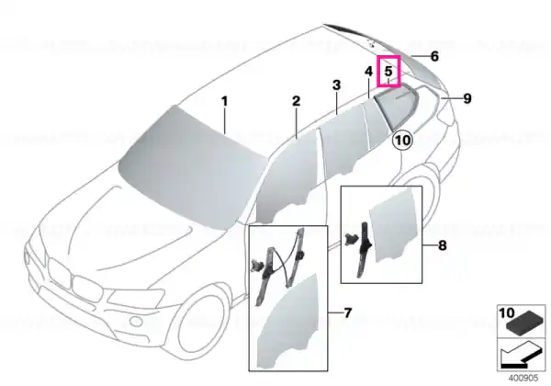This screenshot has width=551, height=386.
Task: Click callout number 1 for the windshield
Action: (225, 102)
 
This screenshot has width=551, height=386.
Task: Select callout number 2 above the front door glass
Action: (297, 101)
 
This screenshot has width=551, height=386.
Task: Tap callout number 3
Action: (336, 85)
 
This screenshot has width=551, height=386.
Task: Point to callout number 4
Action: (368, 72)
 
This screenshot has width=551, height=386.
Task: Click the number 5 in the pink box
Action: (388, 71)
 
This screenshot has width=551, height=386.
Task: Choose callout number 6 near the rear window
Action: (434, 56)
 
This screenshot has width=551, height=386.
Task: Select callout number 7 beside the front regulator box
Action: (347, 312)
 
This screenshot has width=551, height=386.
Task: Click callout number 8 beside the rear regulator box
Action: (442, 245)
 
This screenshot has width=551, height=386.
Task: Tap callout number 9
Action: (467, 98)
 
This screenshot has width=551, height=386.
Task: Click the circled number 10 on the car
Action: (403, 141)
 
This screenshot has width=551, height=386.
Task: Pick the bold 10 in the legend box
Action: (506, 312)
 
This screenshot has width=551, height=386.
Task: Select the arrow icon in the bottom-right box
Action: (522, 356)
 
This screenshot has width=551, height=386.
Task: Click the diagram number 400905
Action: (523, 378)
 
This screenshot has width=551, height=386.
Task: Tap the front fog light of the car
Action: (134, 321)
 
